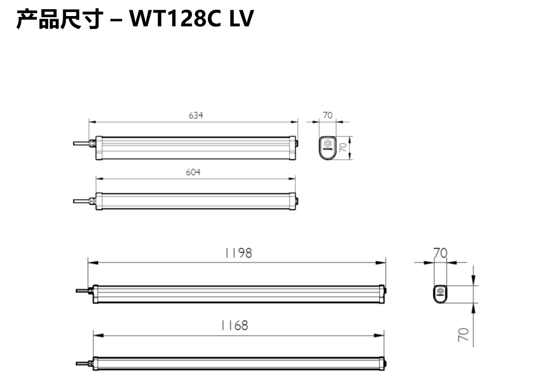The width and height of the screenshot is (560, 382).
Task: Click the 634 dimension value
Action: click(195, 115)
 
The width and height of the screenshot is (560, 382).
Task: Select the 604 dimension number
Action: click(193, 172)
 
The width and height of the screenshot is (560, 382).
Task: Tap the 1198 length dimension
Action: click(238, 253)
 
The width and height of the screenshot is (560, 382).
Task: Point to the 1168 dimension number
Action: click(234, 325)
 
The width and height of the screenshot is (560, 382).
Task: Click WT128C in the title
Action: click(173, 19)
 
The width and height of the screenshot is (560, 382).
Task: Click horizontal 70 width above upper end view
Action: click(328, 115)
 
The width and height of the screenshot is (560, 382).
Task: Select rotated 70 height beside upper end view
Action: click(342, 147)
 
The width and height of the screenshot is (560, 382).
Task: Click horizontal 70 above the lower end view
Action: click(440, 253)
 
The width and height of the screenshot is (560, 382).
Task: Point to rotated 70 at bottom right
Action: click(464, 334)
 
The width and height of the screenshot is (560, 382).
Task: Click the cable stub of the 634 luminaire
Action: click(81, 143)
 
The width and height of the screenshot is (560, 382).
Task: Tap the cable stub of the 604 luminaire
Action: click(81, 201)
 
